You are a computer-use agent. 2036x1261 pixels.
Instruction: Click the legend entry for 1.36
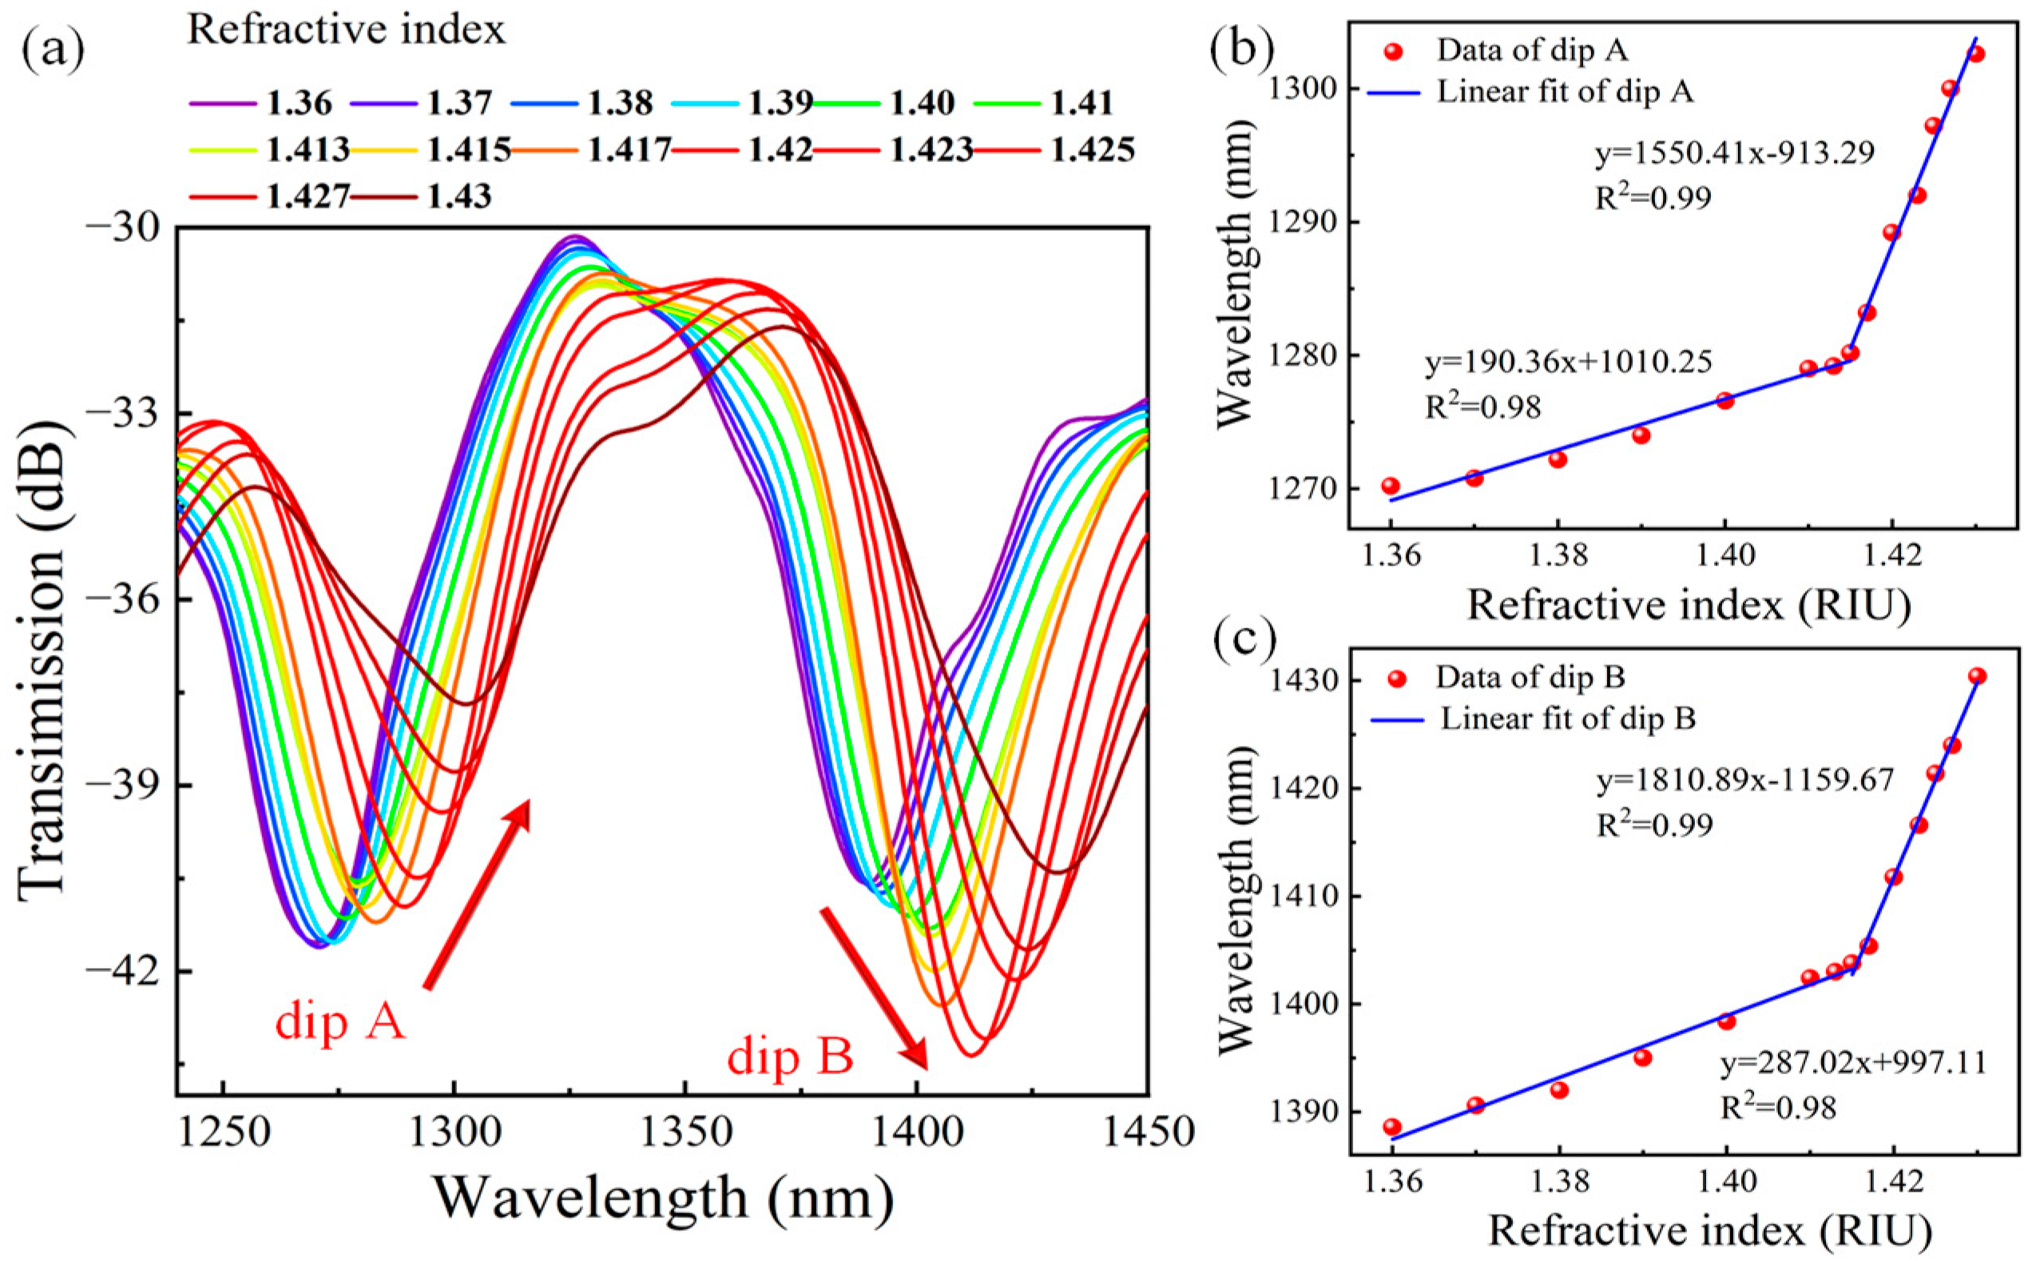260,103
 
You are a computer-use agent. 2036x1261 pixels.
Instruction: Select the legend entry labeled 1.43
421,196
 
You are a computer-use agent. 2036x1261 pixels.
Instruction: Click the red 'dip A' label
340,1021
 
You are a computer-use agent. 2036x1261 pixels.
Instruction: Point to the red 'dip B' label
790,1057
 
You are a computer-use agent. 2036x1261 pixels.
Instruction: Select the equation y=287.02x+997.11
1854,1062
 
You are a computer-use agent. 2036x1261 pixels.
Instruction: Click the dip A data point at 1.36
1391,486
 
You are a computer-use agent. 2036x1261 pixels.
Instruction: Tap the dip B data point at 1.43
1978,676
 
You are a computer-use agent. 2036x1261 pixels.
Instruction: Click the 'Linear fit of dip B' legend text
1569,719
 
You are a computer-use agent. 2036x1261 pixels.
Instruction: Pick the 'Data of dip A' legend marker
1394,52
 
